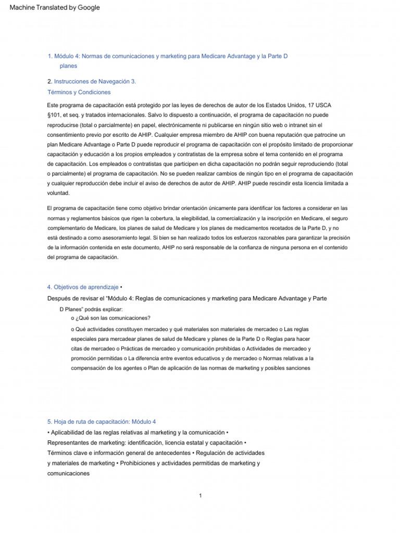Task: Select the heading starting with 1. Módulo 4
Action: point(167,56)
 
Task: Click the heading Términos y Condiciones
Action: point(79,92)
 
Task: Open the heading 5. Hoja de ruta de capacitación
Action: point(101,422)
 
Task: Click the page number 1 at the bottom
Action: point(200,496)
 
